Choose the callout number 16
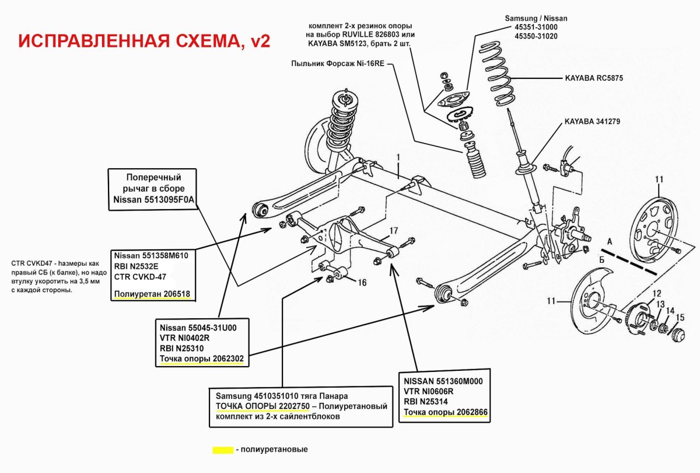click(x=362, y=282)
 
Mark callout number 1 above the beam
click(x=398, y=157)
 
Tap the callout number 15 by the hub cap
click(x=680, y=317)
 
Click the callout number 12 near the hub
click(x=657, y=293)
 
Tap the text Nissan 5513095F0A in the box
click(x=153, y=200)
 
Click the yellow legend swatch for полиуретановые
click(x=222, y=450)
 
